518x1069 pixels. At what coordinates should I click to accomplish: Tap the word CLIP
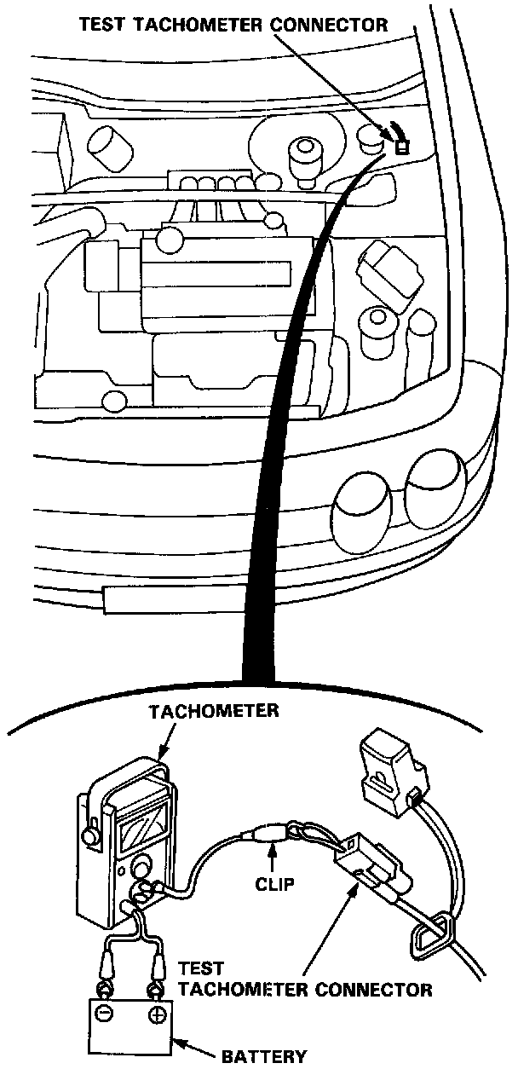click(x=274, y=884)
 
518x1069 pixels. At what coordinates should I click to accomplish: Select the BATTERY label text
click(x=264, y=1057)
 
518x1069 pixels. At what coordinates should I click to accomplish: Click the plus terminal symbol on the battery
click(x=156, y=1016)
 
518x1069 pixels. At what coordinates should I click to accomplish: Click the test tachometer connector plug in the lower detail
click(x=365, y=861)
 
